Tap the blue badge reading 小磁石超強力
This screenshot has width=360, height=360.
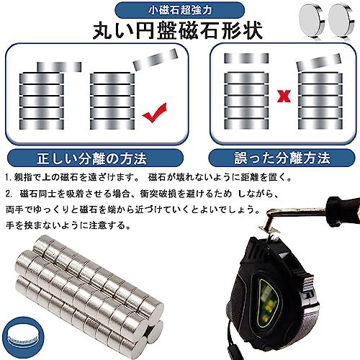[177, 12]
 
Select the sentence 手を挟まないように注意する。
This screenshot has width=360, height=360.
[58, 226]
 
